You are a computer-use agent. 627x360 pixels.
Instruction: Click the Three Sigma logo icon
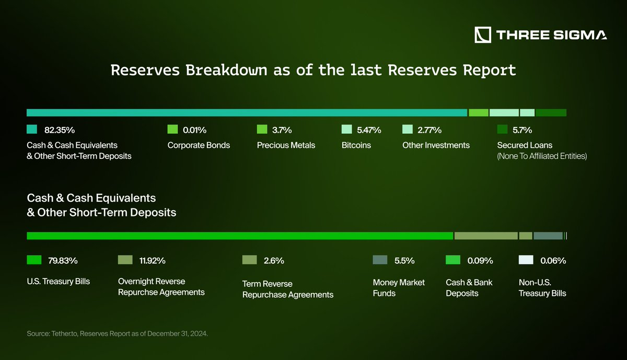483,34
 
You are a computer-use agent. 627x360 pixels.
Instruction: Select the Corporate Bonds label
199,145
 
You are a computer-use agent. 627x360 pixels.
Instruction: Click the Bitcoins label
356,145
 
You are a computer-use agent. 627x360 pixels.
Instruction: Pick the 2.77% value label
429,130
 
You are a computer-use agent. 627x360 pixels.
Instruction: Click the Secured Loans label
524,145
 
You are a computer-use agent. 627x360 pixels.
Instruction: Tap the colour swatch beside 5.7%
502,129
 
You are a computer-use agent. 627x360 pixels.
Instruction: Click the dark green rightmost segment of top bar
551,112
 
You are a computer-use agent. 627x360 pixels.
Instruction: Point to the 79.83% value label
63,260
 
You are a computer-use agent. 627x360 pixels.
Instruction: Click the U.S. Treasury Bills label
58,282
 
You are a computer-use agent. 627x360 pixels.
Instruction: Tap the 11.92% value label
153,260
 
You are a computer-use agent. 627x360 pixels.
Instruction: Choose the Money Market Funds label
399,287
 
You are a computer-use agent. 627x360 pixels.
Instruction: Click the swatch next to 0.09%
452,260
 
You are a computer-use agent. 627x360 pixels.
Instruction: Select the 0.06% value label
553,260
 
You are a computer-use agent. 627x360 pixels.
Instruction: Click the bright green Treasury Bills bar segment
240,236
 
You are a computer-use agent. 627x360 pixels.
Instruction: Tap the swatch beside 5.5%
380,260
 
